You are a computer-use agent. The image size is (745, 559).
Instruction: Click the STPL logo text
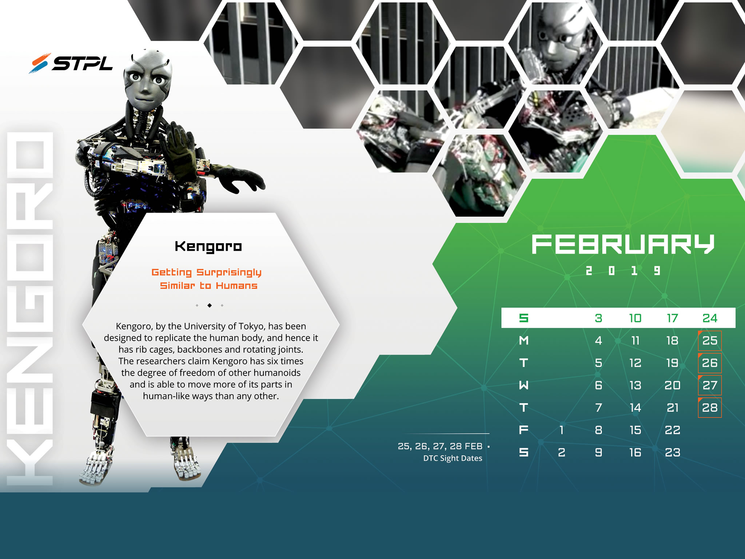tap(83, 63)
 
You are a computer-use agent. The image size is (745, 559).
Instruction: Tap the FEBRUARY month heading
tap(623, 244)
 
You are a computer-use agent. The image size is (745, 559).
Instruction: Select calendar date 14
tap(635, 407)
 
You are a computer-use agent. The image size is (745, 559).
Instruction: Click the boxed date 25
tap(710, 340)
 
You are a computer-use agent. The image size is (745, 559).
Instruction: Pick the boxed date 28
tap(710, 407)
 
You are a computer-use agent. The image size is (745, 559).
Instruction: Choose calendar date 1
tap(562, 430)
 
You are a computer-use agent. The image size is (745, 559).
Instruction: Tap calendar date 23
tap(672, 452)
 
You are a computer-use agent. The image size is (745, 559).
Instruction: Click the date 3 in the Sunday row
tap(598, 318)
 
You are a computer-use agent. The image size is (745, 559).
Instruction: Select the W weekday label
tap(524, 385)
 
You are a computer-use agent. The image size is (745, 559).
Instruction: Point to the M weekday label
tap(524, 340)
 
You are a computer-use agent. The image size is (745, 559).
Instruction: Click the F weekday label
tap(524, 430)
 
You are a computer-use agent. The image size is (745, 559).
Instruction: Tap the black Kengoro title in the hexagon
tap(208, 247)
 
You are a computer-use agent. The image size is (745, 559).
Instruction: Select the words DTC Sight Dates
tap(453, 458)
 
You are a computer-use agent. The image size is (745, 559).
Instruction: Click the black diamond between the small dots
tap(210, 305)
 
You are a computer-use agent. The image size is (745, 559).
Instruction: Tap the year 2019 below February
tap(623, 270)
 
